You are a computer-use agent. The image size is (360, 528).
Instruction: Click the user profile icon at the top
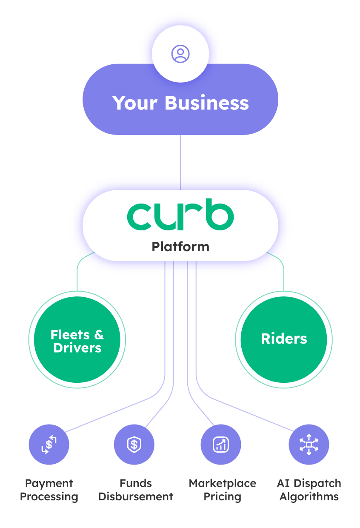click(180, 54)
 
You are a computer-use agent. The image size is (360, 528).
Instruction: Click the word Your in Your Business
click(135, 103)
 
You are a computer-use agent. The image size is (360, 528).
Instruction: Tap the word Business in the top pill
click(206, 103)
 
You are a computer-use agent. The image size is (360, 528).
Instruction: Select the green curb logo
click(180, 216)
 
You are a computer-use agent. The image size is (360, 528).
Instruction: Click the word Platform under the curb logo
click(180, 247)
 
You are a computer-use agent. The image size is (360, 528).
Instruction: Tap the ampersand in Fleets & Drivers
click(99, 335)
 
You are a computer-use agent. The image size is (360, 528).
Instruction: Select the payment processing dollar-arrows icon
click(49, 445)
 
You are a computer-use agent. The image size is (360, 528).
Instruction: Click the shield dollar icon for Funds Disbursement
click(134, 445)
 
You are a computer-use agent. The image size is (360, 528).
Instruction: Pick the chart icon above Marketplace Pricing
click(221, 445)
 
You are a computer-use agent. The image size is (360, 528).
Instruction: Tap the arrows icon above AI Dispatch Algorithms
click(309, 445)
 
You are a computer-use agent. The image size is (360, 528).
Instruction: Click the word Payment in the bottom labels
click(49, 483)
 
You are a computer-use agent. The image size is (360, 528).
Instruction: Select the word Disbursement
click(136, 496)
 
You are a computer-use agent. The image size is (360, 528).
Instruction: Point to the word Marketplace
click(223, 483)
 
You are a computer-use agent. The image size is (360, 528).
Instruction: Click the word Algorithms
click(309, 496)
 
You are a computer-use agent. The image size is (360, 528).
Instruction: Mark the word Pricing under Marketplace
click(223, 496)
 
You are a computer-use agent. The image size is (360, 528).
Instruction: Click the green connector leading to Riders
click(283, 273)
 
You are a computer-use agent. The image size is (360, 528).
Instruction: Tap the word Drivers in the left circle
click(77, 348)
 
